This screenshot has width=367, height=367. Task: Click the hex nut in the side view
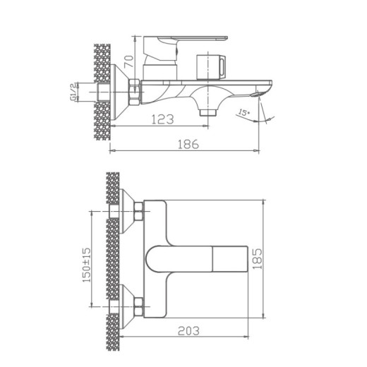click(134, 90)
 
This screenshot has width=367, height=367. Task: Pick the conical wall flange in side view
click(119, 90)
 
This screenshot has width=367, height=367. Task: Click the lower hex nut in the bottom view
click(138, 307)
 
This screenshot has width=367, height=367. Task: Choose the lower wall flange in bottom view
click(124, 306)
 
